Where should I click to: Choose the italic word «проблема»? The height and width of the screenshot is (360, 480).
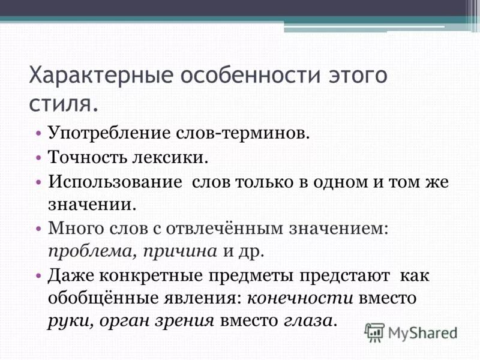point(89,250)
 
